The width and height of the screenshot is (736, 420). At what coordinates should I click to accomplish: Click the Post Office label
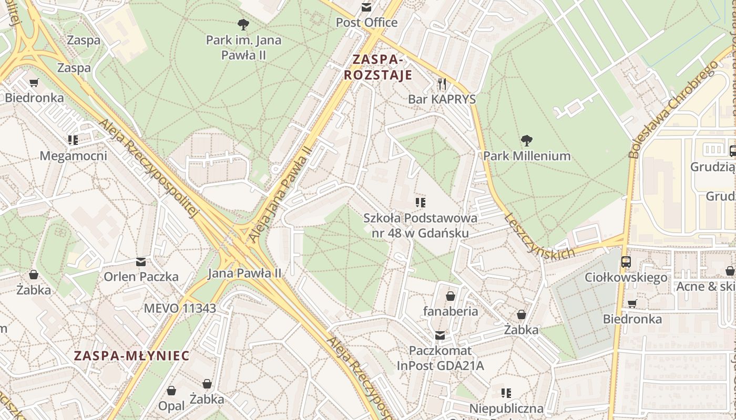coord(366,23)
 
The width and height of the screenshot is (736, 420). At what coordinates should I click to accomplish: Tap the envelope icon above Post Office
coord(366,7)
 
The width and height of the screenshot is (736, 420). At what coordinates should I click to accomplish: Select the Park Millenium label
coord(527,156)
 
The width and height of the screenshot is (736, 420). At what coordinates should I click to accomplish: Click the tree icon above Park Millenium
coord(526,141)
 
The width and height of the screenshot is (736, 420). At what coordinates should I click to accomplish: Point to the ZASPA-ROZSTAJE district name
coord(378,67)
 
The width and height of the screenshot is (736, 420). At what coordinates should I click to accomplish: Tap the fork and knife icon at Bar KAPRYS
coord(442,84)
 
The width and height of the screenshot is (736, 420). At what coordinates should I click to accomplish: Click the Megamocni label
coord(73,156)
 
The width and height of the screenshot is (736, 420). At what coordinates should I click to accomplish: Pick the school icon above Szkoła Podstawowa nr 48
coord(420,203)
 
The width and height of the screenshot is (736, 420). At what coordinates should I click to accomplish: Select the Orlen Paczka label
coord(141,277)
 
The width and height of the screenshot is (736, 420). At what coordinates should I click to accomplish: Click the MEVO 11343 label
coord(180,308)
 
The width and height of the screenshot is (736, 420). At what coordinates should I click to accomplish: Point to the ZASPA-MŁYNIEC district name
coord(131,356)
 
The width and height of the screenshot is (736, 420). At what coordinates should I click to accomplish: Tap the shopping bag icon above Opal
coord(171,391)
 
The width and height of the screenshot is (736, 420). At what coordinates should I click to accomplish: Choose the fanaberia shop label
coord(451,311)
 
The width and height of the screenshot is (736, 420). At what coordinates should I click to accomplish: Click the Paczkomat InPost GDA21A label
coord(440,358)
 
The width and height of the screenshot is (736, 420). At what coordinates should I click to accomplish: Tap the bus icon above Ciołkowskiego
coord(626,261)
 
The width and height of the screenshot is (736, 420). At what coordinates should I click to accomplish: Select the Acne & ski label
coord(705,287)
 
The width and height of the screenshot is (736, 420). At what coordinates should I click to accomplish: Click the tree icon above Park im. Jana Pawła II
coord(243,24)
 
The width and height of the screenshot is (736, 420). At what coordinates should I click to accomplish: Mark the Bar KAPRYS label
coord(442,99)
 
